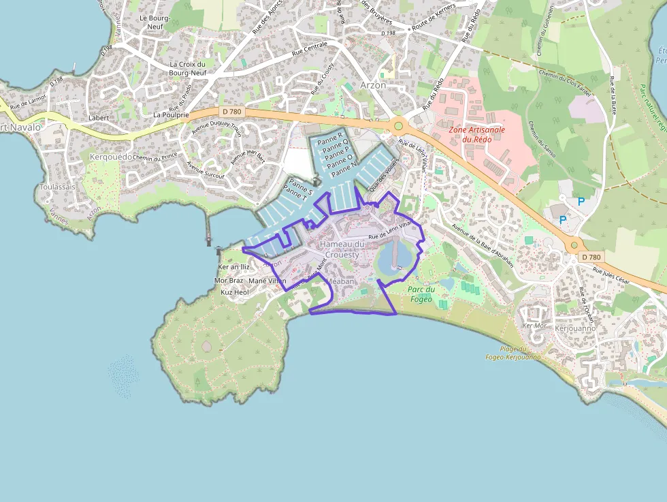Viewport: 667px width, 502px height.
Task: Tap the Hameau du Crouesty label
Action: pos(342,249)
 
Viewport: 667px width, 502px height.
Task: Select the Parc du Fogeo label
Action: pos(422,293)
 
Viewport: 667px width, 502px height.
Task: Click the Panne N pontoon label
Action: pos(344,166)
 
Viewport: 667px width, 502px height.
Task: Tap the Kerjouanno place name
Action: pos(575,328)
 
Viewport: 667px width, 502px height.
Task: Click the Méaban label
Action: pos(341,281)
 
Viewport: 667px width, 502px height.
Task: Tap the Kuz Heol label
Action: pos(235,292)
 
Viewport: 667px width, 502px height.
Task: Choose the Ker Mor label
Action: pos(534,326)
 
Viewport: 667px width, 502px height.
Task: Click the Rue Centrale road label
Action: pos(310,48)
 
